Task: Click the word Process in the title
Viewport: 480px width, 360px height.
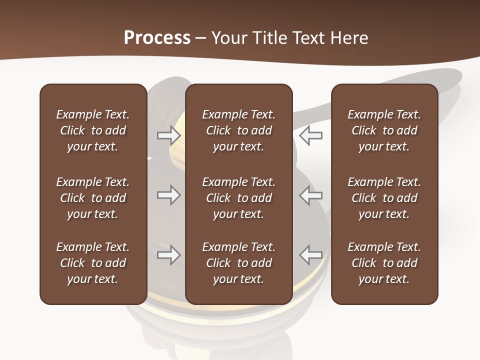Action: [157, 37]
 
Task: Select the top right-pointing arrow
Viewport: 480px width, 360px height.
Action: [168, 135]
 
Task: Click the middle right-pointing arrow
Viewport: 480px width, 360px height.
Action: [168, 195]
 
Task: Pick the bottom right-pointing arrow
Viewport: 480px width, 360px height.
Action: [168, 255]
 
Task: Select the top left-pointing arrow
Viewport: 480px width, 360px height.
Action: [311, 135]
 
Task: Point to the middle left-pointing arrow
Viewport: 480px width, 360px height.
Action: [311, 195]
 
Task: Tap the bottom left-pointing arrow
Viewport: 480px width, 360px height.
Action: [311, 255]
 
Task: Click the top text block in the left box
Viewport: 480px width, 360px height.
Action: [93, 130]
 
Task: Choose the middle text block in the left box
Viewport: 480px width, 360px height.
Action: [93, 198]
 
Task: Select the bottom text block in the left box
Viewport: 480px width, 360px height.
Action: [93, 263]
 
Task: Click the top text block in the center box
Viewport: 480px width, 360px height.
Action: [239, 130]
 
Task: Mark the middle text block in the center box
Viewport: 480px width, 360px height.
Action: [239, 198]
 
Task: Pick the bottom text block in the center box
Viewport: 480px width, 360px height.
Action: [239, 263]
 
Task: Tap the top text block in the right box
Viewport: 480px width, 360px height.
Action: [384, 130]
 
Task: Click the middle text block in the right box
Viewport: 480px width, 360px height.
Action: [384, 198]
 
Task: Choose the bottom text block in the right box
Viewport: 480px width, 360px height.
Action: [384, 263]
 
